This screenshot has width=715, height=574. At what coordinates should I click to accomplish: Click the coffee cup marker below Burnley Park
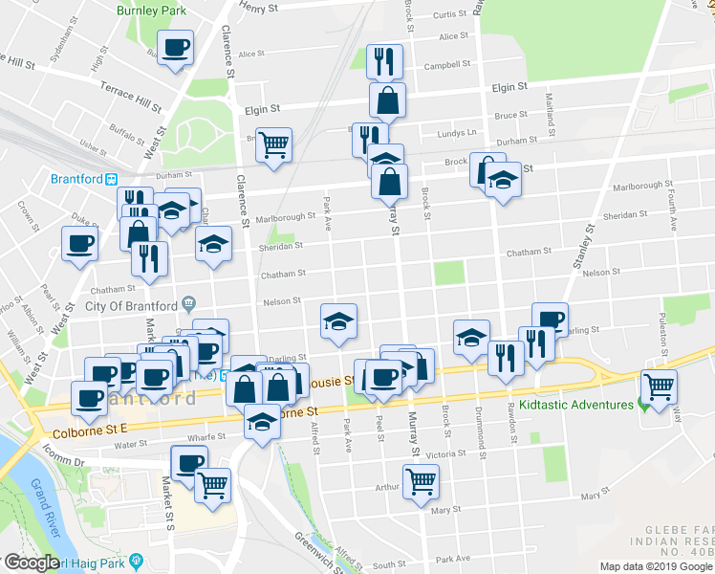point(176,48)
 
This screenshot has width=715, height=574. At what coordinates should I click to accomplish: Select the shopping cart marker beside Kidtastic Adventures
point(659,387)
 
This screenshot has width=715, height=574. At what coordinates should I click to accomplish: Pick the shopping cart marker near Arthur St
point(421,482)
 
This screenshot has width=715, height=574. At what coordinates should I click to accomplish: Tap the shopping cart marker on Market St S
point(213,484)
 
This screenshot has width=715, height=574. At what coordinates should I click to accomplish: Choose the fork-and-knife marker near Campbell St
point(384,62)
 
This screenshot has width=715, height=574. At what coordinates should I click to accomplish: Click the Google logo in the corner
point(32,563)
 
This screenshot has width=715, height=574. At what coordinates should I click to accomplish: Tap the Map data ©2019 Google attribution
point(656,566)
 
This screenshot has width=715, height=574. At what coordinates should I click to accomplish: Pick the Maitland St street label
point(551,113)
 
